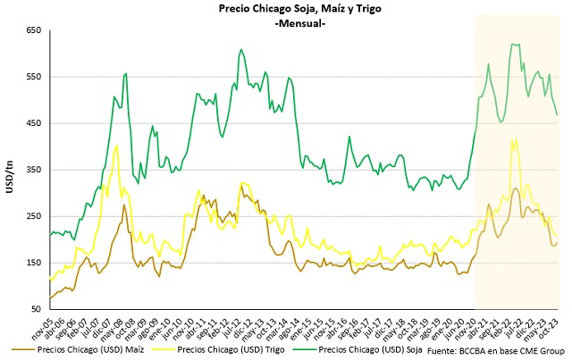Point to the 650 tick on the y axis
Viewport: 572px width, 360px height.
coord(34,30)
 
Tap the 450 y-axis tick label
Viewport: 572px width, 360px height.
coord(34,123)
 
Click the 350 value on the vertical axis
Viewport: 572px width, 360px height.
coord(34,170)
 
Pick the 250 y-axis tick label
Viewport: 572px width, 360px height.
coord(34,216)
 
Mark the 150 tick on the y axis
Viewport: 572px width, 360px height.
coord(34,263)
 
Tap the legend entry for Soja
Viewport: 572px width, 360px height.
coord(351,351)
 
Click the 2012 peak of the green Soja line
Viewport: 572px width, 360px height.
coord(241,50)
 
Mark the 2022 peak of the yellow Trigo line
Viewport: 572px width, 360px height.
coord(515,138)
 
